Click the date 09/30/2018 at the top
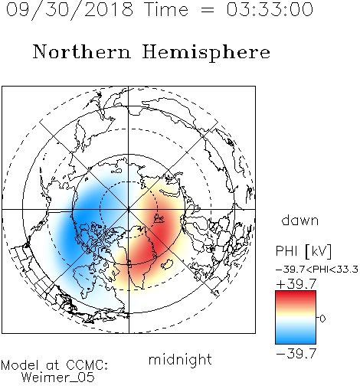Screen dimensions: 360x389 click(70, 10)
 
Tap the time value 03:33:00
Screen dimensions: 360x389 click(270, 9)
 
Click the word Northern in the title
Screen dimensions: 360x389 click(82, 52)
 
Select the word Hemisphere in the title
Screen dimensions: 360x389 click(206, 53)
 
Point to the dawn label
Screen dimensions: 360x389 click(300, 221)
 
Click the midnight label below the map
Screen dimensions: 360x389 click(180, 360)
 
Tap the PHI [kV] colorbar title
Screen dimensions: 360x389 click(303, 251)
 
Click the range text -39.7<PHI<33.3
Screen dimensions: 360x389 click(317, 270)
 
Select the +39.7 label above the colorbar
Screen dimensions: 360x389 click(296, 284)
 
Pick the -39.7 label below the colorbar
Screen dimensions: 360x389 click(296, 354)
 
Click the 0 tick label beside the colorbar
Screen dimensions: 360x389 click(322, 319)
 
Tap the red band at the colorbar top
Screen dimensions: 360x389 click(296, 296)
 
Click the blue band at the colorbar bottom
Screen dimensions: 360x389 click(296, 338)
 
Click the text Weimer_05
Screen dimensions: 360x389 click(58, 378)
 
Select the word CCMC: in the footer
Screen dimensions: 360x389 click(87, 365)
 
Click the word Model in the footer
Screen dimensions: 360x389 click(20, 365)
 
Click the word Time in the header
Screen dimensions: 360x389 click(166, 9)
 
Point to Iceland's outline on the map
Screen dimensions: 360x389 click(168, 264)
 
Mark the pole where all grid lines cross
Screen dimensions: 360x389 click(129, 209)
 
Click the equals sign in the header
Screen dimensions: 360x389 click(208, 11)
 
